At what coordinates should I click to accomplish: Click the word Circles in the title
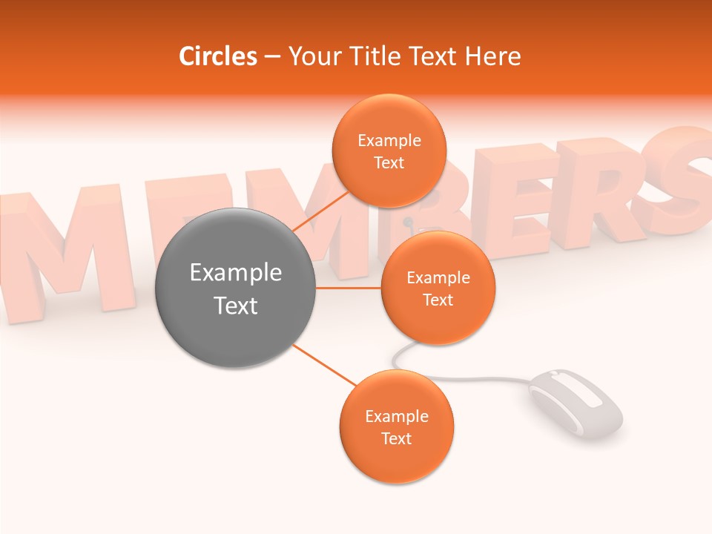tap(217, 56)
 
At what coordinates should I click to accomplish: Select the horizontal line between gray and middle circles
tap(349, 288)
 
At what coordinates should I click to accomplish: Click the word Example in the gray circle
tap(235, 273)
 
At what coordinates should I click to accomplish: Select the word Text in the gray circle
tap(235, 306)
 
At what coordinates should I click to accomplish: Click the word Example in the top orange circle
tap(389, 141)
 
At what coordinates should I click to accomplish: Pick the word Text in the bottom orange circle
tap(396, 438)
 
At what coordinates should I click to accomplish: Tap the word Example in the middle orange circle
tap(438, 278)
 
